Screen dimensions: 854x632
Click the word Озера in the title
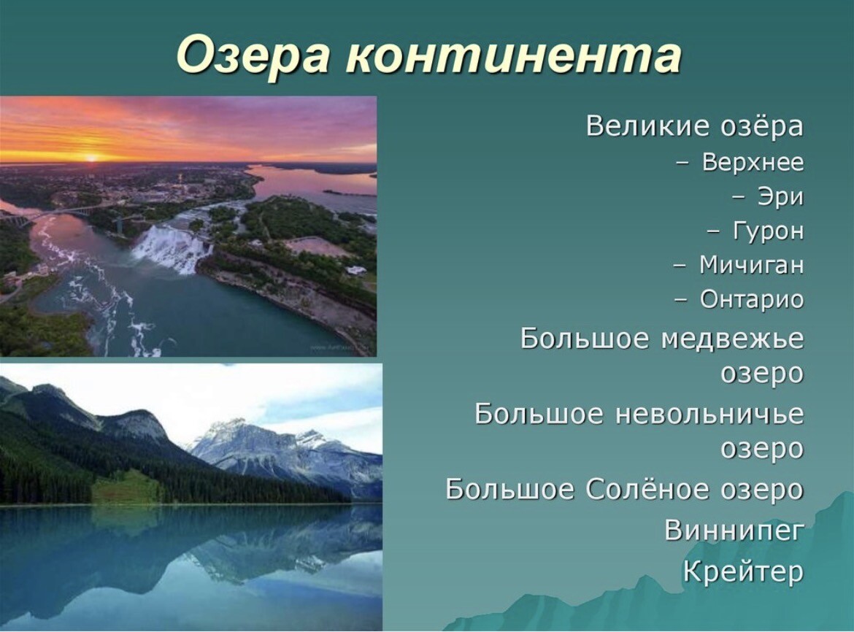(253, 55)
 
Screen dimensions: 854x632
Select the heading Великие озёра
(694, 126)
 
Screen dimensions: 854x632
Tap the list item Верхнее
(753, 162)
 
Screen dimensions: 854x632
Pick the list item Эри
(780, 197)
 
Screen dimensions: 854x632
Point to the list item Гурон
(768, 231)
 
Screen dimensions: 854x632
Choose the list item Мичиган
(751, 265)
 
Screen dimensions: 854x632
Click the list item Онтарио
(752, 299)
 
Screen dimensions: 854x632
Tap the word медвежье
(732, 339)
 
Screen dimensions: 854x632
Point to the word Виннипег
(734, 530)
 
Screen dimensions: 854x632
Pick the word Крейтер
(744, 571)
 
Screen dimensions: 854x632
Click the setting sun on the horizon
(91, 158)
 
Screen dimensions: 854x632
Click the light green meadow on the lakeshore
(126, 488)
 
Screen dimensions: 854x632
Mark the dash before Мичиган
(680, 266)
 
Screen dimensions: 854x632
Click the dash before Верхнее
(682, 163)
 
